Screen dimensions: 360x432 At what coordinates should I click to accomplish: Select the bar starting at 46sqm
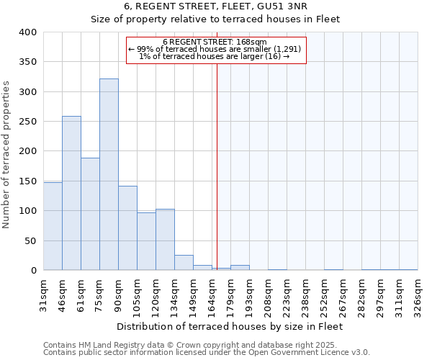tap(71, 193)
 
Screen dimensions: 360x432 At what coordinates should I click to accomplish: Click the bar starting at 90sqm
tap(127, 228)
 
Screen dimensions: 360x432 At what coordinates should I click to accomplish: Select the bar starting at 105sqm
tap(146, 241)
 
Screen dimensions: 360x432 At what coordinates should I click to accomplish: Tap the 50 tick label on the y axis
tap(30, 240)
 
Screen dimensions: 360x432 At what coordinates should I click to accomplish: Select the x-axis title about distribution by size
tap(230, 326)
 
